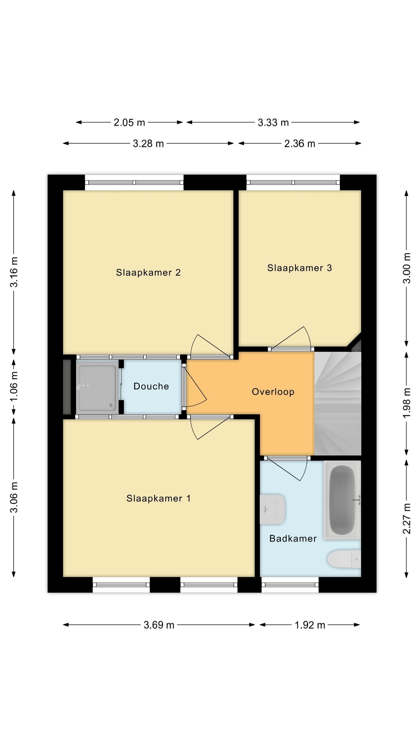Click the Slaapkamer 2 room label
[x=148, y=273]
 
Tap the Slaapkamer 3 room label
[x=299, y=268]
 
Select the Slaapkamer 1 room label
[x=158, y=498]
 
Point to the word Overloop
[x=273, y=392]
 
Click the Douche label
[x=151, y=386]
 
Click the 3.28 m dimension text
[x=148, y=143]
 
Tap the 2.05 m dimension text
[x=129, y=122]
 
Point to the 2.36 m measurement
[x=299, y=143]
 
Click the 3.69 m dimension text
[x=159, y=625]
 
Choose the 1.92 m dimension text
[x=310, y=625]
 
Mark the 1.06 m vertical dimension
[x=14, y=386]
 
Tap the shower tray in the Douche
[x=97, y=388]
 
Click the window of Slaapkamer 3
[x=293, y=183]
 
